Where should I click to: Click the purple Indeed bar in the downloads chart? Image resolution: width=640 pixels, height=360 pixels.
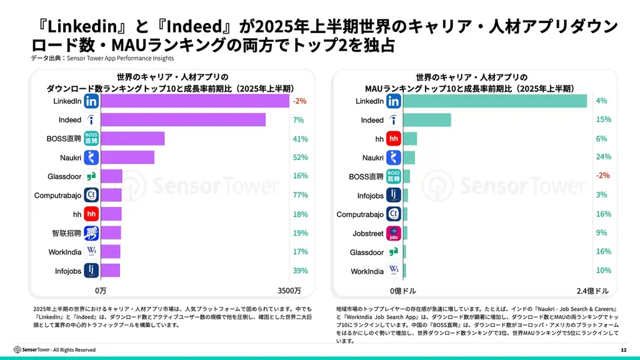coord(183,119)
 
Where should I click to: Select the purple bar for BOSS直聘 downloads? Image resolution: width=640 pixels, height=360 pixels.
coord(132,139)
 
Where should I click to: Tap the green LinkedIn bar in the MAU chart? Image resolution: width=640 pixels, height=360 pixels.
coord(495,101)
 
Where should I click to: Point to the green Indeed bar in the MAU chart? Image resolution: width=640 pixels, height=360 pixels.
coord(427,120)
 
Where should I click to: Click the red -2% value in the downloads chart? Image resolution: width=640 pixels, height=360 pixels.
coord(299,101)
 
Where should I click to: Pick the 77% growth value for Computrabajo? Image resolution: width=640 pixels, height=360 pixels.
coord(300,195)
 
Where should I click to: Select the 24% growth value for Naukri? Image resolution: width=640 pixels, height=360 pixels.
coord(603,157)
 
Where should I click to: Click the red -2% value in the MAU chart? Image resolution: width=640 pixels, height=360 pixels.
coord(602,176)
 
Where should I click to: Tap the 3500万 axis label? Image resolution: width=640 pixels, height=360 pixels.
coord(289,291)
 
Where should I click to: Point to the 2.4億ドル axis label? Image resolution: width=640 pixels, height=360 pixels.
coord(593,291)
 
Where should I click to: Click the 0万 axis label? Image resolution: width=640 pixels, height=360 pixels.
coord(101,291)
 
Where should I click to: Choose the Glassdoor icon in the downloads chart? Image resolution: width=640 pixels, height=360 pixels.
coord(91,176)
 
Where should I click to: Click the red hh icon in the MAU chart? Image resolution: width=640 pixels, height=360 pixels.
coord(394,139)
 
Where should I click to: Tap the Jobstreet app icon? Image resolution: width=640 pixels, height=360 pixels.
coord(394,233)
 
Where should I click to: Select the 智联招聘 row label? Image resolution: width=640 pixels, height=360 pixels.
coord(66,233)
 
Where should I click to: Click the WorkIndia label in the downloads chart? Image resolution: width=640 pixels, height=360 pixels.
coord(64,252)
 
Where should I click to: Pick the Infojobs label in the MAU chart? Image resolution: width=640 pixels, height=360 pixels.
coord(370,196)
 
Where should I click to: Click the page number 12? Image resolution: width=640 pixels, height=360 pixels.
coord(623,349)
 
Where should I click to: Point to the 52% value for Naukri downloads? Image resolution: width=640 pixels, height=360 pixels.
coord(300,157)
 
